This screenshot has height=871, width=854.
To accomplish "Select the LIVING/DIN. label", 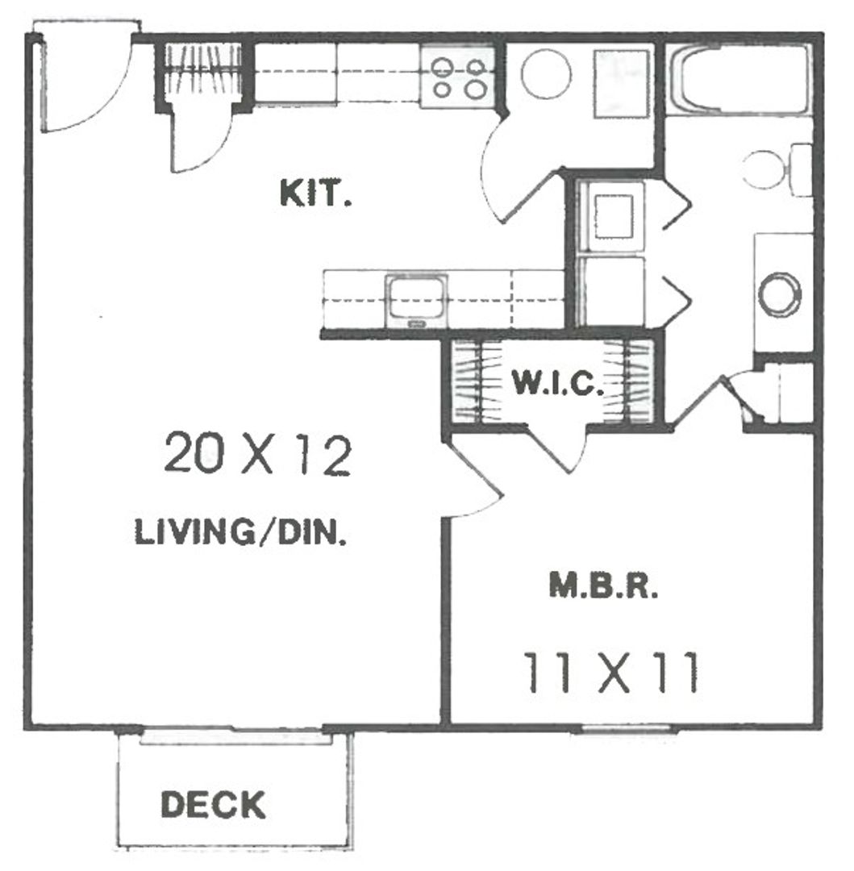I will (x=241, y=533).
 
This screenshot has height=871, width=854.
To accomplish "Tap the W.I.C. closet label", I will (x=557, y=384).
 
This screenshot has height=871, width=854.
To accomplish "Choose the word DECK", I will (x=213, y=804).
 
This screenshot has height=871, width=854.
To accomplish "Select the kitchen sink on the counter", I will (x=416, y=299).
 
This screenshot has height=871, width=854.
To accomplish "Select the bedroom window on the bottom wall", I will (x=625, y=730).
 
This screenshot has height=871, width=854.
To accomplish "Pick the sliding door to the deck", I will (x=234, y=733).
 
